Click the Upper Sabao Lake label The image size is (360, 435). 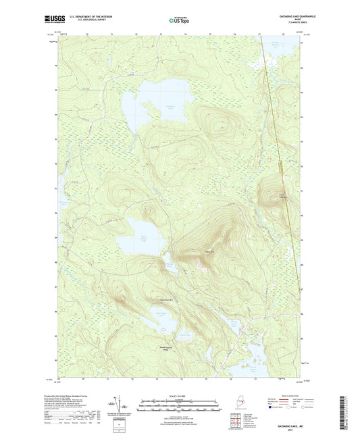[x=143, y=236]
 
